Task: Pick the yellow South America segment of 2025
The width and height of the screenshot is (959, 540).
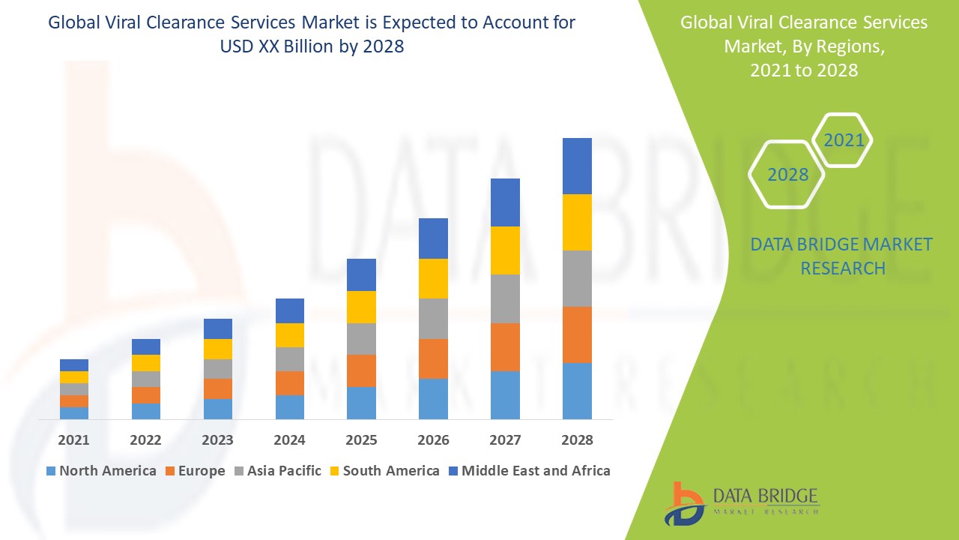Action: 361,307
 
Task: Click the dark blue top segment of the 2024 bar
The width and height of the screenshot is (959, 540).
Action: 290,310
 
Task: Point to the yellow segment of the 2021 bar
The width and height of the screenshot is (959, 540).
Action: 74,377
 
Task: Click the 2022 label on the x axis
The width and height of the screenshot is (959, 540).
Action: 145,440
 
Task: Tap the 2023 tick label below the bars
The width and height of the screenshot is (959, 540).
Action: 217,440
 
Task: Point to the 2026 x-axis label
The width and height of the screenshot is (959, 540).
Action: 433,440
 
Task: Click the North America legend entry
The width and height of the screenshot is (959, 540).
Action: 101,471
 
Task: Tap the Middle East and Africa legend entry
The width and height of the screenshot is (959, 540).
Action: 528,471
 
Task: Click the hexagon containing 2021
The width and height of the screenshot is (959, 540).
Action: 843,140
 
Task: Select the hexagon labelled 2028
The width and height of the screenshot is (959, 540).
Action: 787,175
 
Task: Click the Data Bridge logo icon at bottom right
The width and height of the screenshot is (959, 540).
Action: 684,503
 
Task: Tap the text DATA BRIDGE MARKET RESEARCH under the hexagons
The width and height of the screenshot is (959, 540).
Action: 842,256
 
